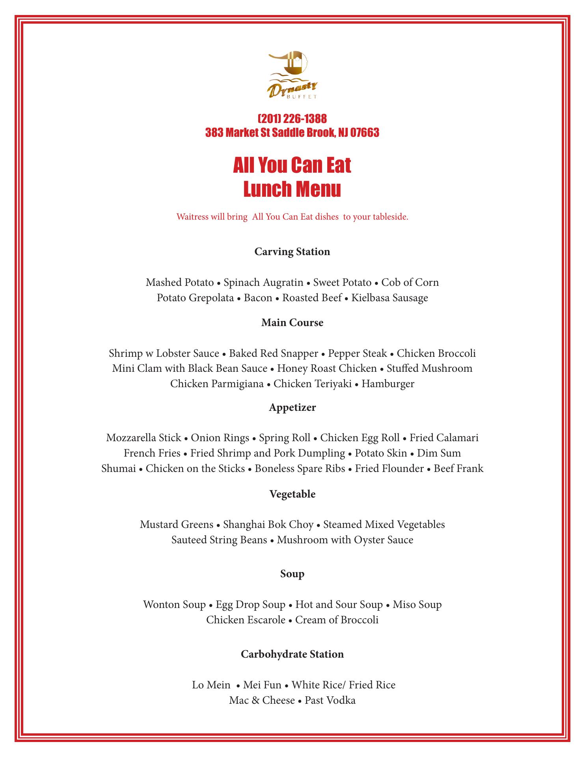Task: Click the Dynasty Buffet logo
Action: [x=293, y=75]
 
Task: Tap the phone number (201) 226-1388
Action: [x=292, y=118]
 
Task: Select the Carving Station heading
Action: [x=292, y=252]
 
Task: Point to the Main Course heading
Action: [x=292, y=323]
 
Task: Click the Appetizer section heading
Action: [x=292, y=407]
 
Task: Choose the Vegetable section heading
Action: [x=292, y=494]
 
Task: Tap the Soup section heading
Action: [x=292, y=574]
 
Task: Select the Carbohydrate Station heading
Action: [x=292, y=654]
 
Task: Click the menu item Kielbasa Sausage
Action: [x=389, y=298]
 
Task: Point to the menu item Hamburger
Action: [x=388, y=384]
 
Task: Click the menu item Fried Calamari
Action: [x=444, y=438]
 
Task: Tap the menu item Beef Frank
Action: [x=458, y=468]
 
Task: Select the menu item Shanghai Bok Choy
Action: [x=268, y=525]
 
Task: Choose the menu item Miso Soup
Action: [x=417, y=604]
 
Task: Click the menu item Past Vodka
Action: [x=330, y=701]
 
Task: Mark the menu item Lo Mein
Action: [x=211, y=685]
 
